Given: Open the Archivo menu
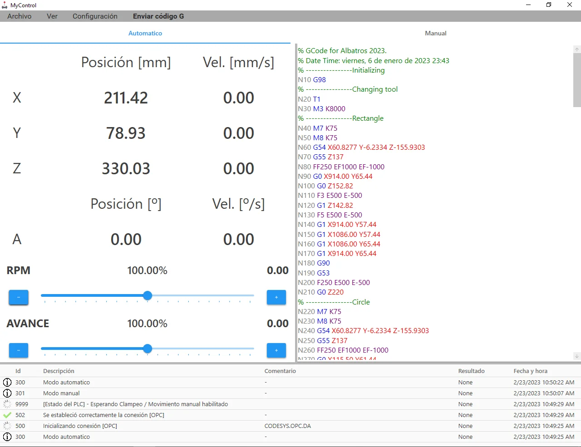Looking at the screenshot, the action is tap(19, 16).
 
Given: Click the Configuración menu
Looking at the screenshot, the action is tap(95, 16).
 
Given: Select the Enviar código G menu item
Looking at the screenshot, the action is tap(158, 16).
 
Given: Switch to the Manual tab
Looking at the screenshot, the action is tap(436, 33).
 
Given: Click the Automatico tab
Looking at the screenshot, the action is tap(145, 33).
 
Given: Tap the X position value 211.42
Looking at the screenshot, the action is tap(126, 98).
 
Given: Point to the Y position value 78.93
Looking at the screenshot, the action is tap(126, 133).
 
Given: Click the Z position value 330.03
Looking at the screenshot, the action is tap(126, 168).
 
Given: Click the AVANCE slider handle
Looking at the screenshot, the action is tap(148, 349).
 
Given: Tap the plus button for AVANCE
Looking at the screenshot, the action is tap(276, 350).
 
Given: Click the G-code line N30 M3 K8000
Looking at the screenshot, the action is tap(321, 109).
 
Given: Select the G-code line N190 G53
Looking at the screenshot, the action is tap(314, 273).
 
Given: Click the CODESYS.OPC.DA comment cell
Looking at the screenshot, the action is tap(287, 426).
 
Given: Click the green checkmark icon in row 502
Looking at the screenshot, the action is tap(7, 415).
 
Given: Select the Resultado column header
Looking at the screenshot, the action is tap(471, 371).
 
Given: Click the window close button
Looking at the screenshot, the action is tap(570, 5).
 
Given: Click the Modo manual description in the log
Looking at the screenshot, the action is tap(61, 393).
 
